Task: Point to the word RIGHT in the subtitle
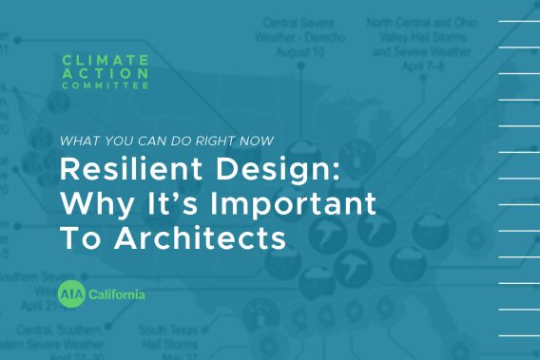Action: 222,140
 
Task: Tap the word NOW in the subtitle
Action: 261,140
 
